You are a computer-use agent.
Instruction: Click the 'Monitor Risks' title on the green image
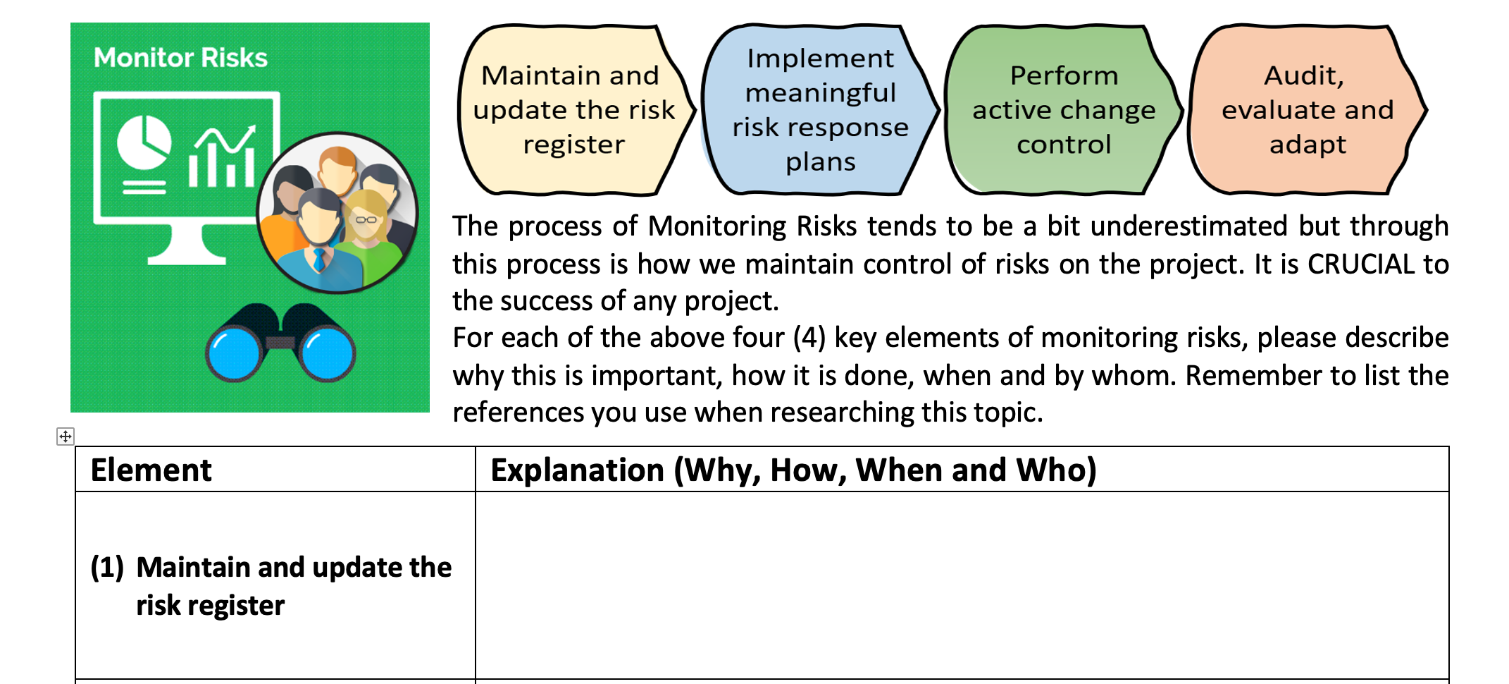tap(180, 58)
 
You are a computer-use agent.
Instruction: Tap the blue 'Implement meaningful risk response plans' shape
tap(820, 110)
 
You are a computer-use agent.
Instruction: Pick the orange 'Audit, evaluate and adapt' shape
tap(1306, 110)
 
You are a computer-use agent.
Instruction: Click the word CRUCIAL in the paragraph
tap(1360, 264)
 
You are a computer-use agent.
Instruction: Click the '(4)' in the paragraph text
tap(809, 338)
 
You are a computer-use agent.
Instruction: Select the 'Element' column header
tap(151, 470)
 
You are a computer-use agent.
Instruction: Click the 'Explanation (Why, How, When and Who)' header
tap(793, 470)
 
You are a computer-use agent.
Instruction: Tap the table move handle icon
tap(65, 436)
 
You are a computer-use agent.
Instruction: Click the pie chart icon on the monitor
tap(144, 142)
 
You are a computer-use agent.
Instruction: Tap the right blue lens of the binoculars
tap(326, 354)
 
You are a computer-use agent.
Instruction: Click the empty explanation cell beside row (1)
tap(962, 585)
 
